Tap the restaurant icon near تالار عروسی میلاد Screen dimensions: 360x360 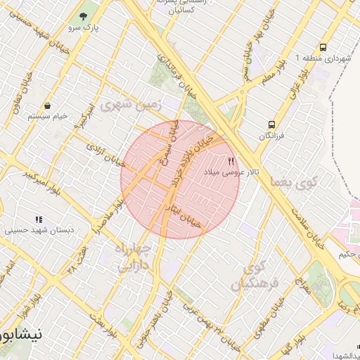231,161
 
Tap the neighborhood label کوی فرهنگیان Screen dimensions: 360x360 260,275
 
